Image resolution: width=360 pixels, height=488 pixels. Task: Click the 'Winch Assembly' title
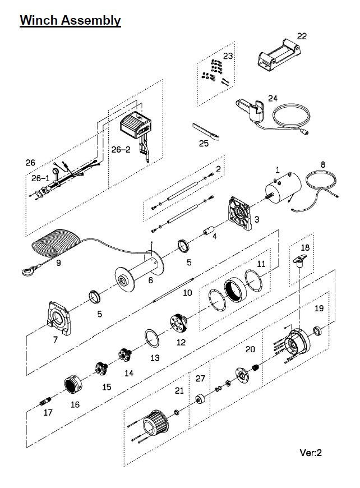tap(70, 21)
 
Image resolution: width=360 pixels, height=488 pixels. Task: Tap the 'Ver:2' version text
tap(311, 453)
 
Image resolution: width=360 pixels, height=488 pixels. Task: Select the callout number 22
tap(302, 36)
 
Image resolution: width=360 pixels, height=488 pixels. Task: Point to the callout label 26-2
tap(121, 150)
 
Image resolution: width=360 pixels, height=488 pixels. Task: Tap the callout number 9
tap(58, 261)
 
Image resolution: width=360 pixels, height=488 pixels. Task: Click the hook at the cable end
tap(25, 271)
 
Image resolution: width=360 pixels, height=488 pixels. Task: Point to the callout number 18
tap(304, 247)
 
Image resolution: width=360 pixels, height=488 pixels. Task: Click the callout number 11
tap(261, 264)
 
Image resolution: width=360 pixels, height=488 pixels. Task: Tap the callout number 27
tap(201, 379)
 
